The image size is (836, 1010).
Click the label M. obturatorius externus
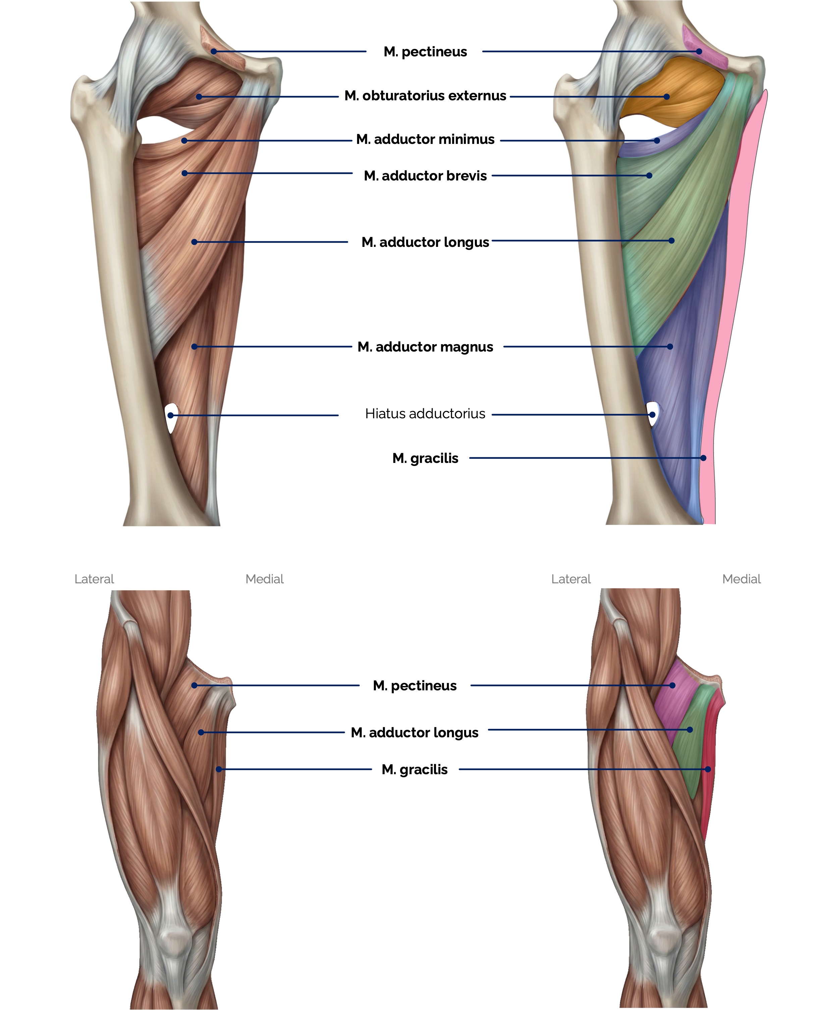(425, 96)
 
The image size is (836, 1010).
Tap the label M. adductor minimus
(425, 140)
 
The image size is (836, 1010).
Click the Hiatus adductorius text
(425, 414)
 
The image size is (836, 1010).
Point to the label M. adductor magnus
(425, 347)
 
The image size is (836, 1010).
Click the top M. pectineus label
(425, 51)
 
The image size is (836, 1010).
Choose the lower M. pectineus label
(414, 685)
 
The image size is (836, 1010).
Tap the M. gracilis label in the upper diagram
(425, 458)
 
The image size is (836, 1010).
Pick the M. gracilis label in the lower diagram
(414, 769)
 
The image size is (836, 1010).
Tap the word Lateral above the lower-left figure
(94, 579)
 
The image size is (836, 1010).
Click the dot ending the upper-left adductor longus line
(194, 242)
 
